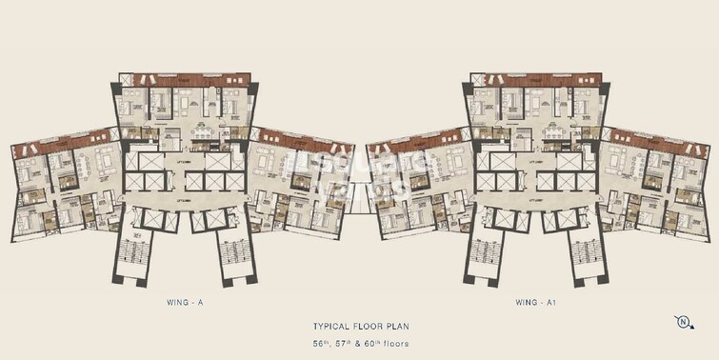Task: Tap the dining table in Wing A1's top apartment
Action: tap(552, 130)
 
